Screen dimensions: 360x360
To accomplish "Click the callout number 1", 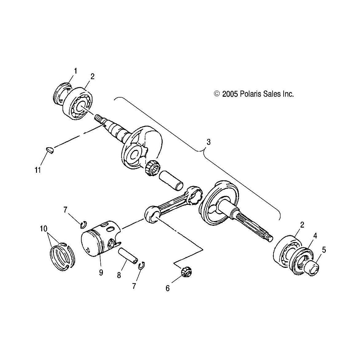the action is (75, 71).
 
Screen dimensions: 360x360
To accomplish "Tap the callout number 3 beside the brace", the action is (208, 142).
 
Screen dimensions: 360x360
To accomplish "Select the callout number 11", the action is (38, 170).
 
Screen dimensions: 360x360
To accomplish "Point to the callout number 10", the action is (43, 229).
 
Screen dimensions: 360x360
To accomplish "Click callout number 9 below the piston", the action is (101, 273).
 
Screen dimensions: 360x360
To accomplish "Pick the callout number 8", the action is (119, 275).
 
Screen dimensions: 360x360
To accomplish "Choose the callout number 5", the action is (324, 250).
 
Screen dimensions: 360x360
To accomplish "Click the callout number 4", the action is (315, 236).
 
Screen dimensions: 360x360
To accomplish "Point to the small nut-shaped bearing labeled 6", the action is (186, 272).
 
